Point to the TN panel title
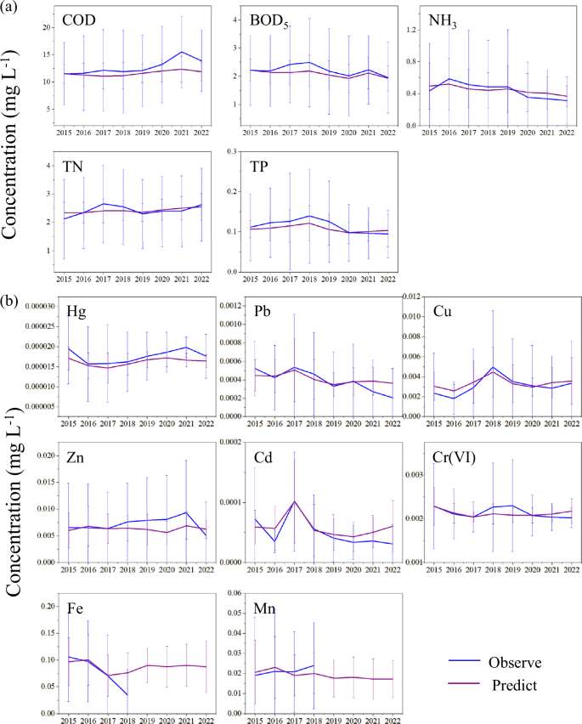74,169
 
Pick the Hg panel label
76,310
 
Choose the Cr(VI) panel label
444,458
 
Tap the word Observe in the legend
516,661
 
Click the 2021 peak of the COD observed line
181,52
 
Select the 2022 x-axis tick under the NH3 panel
564,133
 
